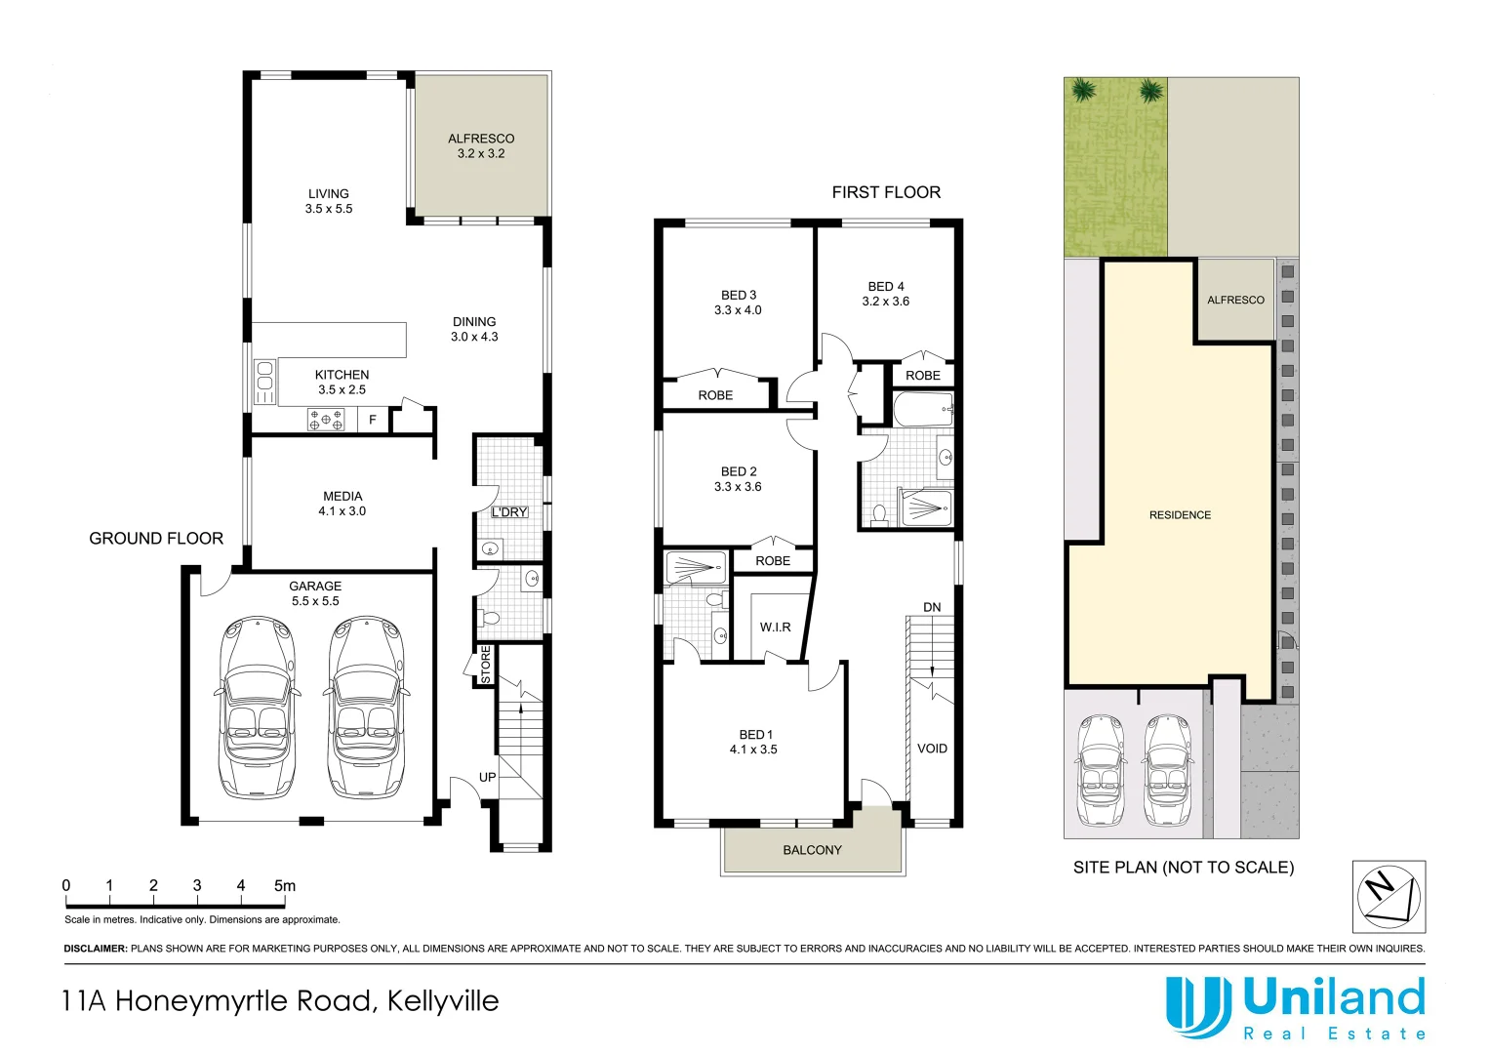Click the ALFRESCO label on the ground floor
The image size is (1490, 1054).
[481, 139]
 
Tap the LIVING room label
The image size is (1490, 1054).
[328, 193]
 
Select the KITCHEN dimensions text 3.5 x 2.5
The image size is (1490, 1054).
[342, 389]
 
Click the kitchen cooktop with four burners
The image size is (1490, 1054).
[326, 420]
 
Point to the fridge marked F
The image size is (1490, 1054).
[373, 420]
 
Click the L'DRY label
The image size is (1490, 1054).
[508, 512]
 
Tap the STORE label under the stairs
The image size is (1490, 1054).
[485, 665]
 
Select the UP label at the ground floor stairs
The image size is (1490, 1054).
[487, 777]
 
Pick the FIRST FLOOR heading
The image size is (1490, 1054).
[886, 192]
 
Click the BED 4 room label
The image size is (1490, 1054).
[886, 286]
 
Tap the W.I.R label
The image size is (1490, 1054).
[775, 627]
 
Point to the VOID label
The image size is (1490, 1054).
[932, 749]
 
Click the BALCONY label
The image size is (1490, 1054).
[812, 850]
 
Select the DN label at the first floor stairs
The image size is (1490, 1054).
[932, 607]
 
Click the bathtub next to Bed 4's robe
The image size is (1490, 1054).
[922, 410]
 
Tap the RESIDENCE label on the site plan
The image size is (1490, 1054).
[1180, 514]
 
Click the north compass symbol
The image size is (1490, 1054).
[1389, 897]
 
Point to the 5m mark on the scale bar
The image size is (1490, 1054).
[284, 886]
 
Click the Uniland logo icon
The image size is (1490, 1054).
[1197, 1006]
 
